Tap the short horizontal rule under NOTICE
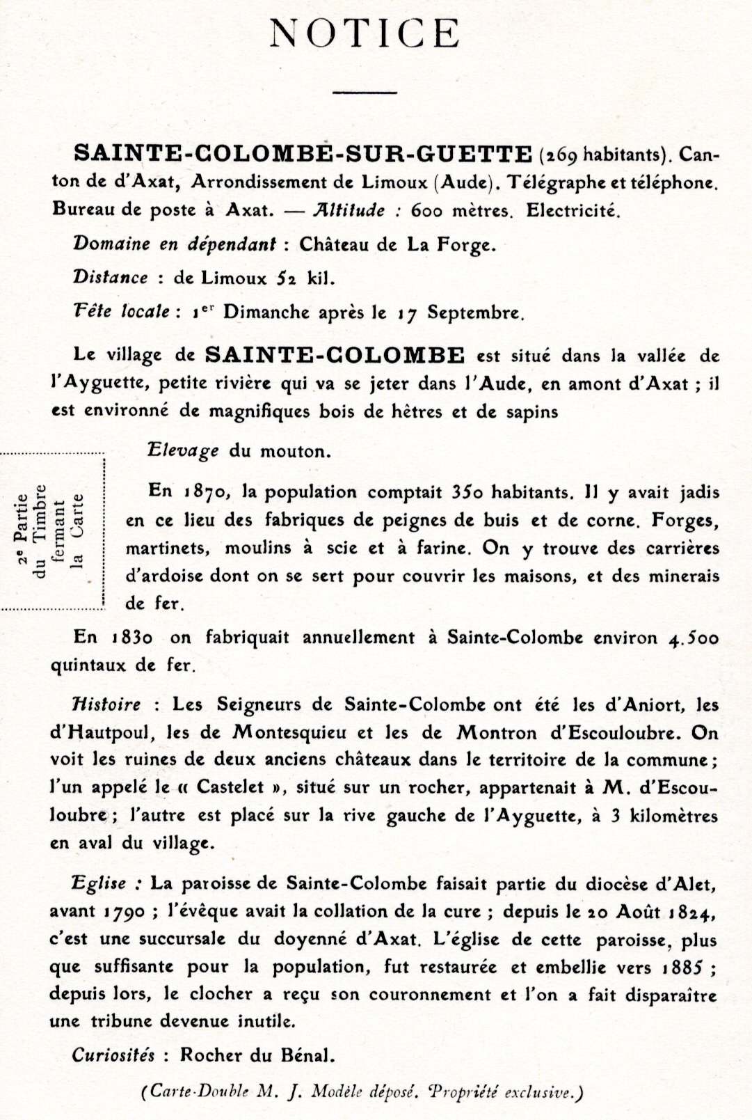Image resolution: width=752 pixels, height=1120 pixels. tap(365, 91)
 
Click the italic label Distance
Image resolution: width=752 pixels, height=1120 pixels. tap(110, 278)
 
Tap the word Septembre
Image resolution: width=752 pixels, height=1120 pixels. tap(475, 313)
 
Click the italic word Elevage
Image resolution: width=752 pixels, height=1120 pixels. tap(183, 450)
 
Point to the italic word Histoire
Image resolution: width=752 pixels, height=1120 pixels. tap(106, 704)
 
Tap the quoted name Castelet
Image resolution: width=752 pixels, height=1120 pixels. tap(231, 788)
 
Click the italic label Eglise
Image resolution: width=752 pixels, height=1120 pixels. tap(99, 884)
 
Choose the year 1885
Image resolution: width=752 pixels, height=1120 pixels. tap(680, 968)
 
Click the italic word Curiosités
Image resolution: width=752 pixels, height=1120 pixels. tap(113, 1055)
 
